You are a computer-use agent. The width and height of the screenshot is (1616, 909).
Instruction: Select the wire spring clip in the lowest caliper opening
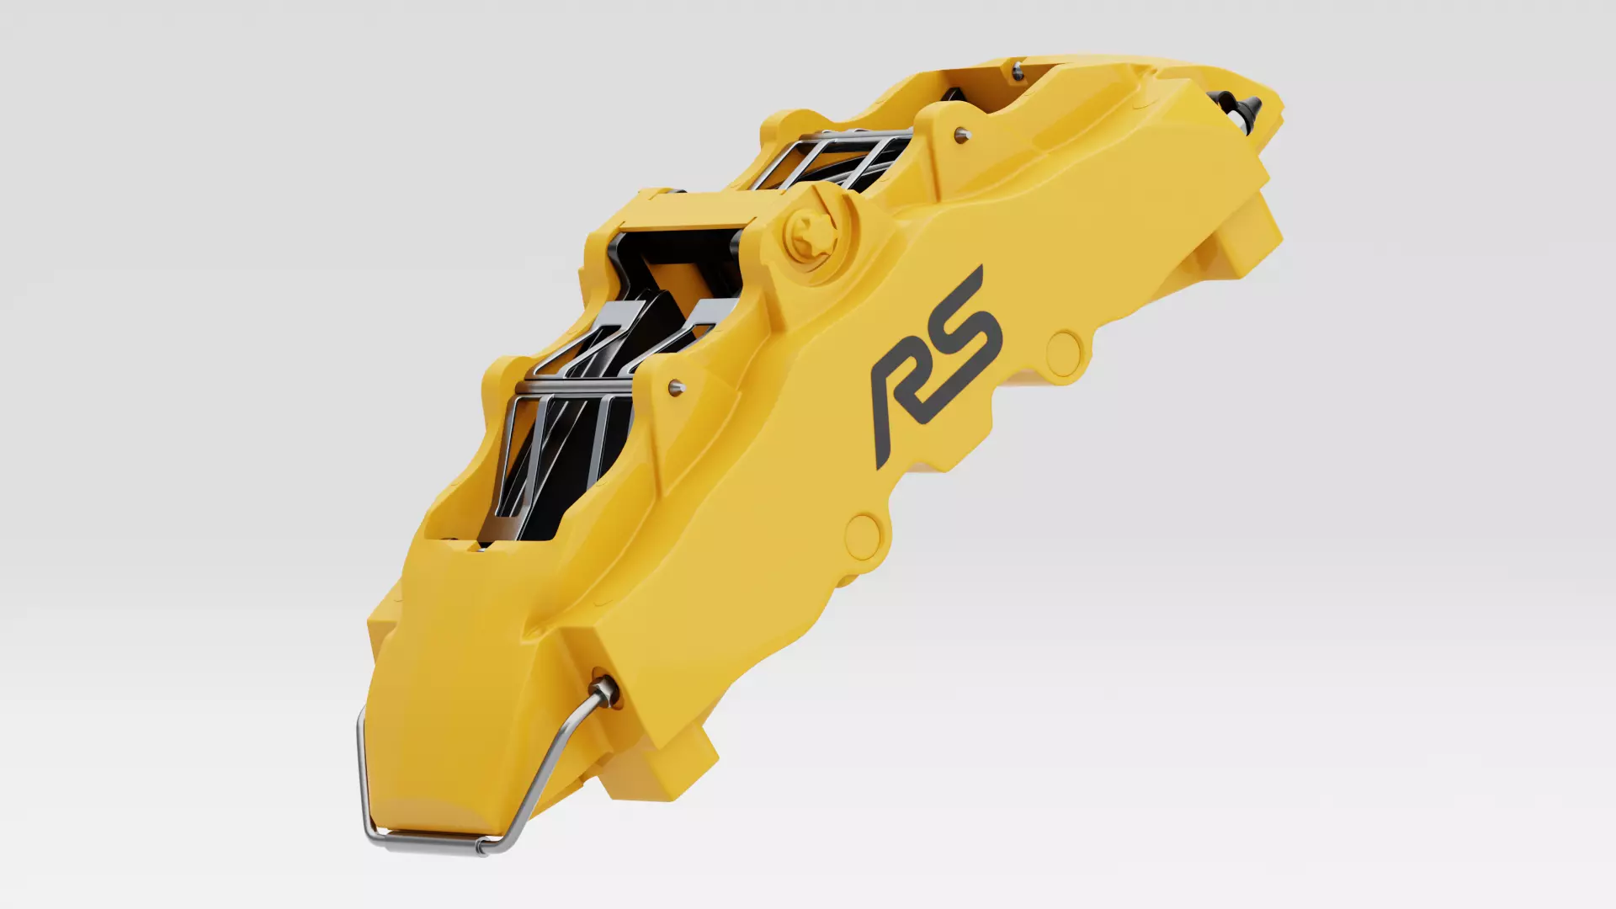pos(555,438)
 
